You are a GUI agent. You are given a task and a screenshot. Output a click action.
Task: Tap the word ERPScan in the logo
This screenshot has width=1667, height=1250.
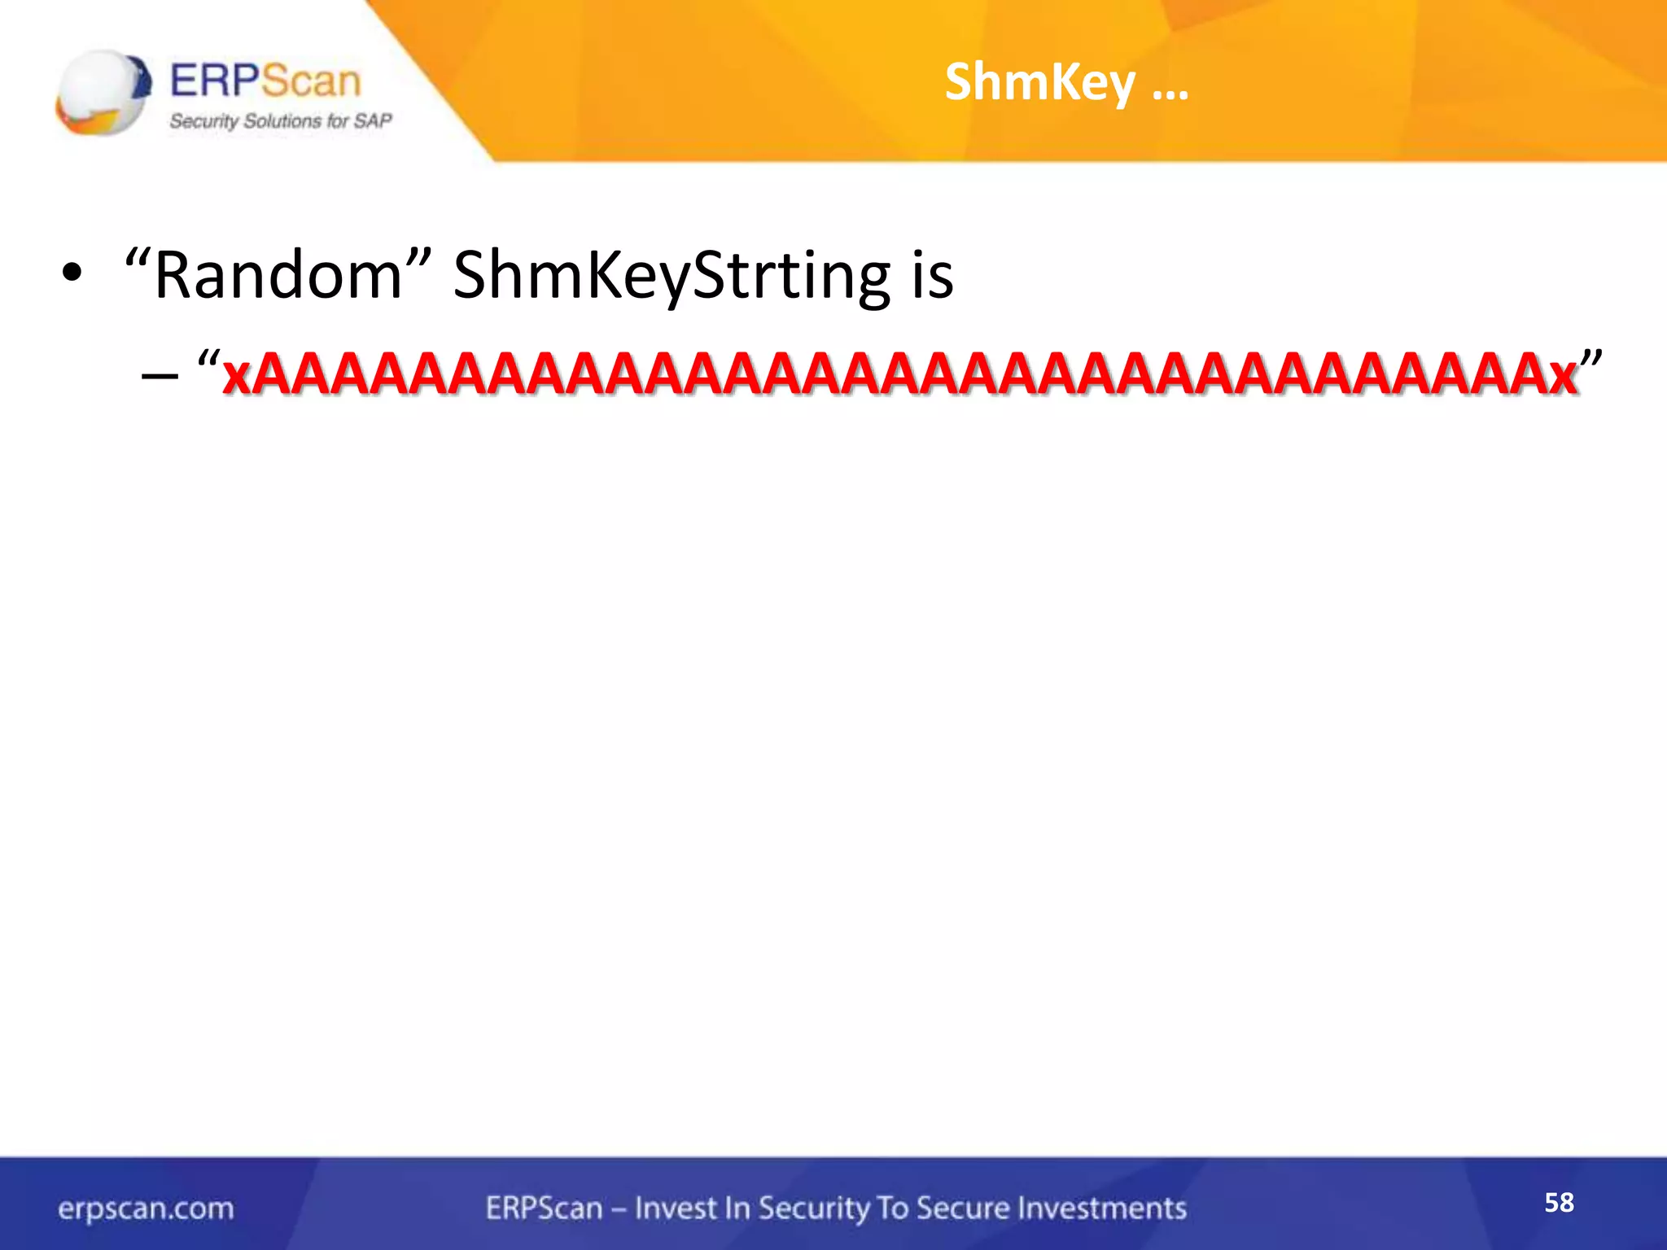tap(265, 81)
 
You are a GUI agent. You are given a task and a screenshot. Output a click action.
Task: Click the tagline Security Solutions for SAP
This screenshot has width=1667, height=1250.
tap(280, 121)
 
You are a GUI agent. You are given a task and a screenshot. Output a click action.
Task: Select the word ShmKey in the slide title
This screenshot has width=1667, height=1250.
tap(1039, 82)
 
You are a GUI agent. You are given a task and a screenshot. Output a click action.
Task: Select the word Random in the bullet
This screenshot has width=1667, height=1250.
tap(278, 275)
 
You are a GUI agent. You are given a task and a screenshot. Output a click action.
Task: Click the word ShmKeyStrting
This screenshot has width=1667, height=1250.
tap(672, 275)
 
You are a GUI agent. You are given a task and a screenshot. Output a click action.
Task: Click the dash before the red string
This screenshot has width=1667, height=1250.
tap(159, 375)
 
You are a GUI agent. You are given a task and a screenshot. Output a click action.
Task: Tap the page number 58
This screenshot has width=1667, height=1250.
tap(1559, 1202)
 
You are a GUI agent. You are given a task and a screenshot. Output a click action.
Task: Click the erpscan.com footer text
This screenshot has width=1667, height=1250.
tap(146, 1208)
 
